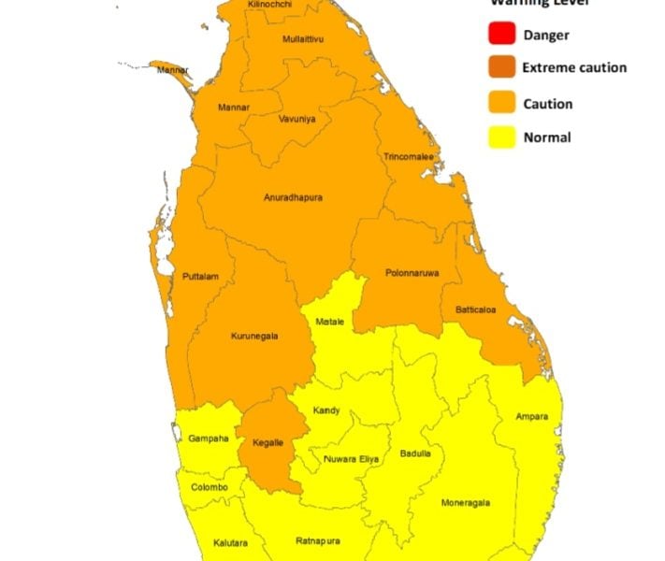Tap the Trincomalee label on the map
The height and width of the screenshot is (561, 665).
click(408, 156)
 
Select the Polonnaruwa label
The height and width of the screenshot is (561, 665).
click(412, 273)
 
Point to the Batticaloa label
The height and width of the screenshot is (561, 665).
click(476, 309)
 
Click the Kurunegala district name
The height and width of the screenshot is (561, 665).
click(254, 336)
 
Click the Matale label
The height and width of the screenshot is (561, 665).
click(329, 322)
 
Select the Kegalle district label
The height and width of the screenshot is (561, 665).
click(269, 442)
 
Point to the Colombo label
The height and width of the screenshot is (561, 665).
click(210, 487)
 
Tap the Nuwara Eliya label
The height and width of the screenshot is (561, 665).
click(352, 459)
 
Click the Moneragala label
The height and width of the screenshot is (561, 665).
click(465, 502)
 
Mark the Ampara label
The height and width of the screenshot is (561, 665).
click(531, 416)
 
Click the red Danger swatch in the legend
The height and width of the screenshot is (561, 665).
click(501, 36)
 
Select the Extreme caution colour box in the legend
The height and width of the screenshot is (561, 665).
click(501, 69)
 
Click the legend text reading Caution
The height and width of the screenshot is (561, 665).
click(548, 104)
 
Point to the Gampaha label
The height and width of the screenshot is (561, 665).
click(210, 439)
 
